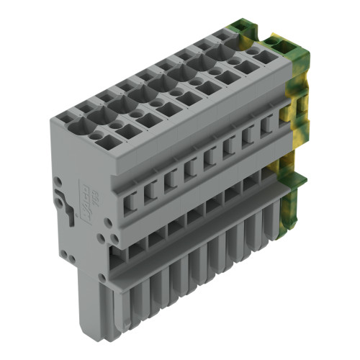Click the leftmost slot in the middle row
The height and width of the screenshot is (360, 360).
[131, 196]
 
